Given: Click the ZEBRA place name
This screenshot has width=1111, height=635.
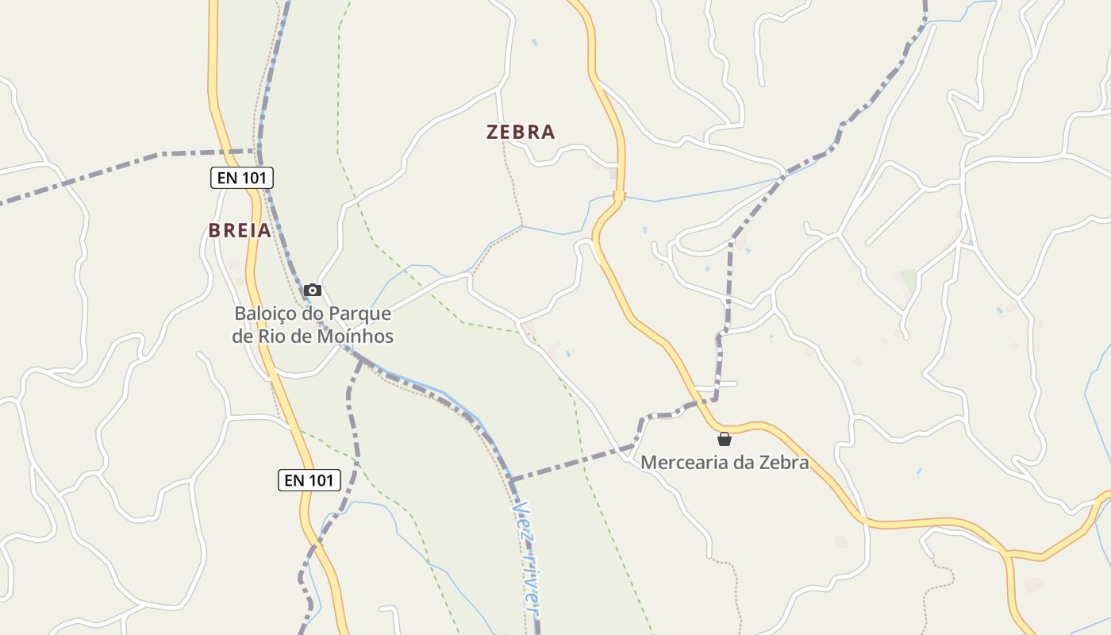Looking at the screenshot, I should tap(521, 132).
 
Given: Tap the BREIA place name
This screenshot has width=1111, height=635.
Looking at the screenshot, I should tap(240, 230).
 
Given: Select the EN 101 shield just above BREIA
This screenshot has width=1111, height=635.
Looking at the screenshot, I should tap(242, 178).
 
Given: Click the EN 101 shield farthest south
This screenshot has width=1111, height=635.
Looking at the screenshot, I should tap(309, 479).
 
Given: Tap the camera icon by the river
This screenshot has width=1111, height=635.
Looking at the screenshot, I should tap(313, 290).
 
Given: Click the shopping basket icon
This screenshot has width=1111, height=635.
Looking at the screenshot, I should tap(725, 438).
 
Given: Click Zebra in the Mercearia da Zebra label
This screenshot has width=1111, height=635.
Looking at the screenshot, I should tap(783, 462).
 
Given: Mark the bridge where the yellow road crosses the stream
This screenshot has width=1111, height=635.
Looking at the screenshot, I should tap(619, 196).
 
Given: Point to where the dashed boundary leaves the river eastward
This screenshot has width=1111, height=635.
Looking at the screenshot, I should tap(512, 480).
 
